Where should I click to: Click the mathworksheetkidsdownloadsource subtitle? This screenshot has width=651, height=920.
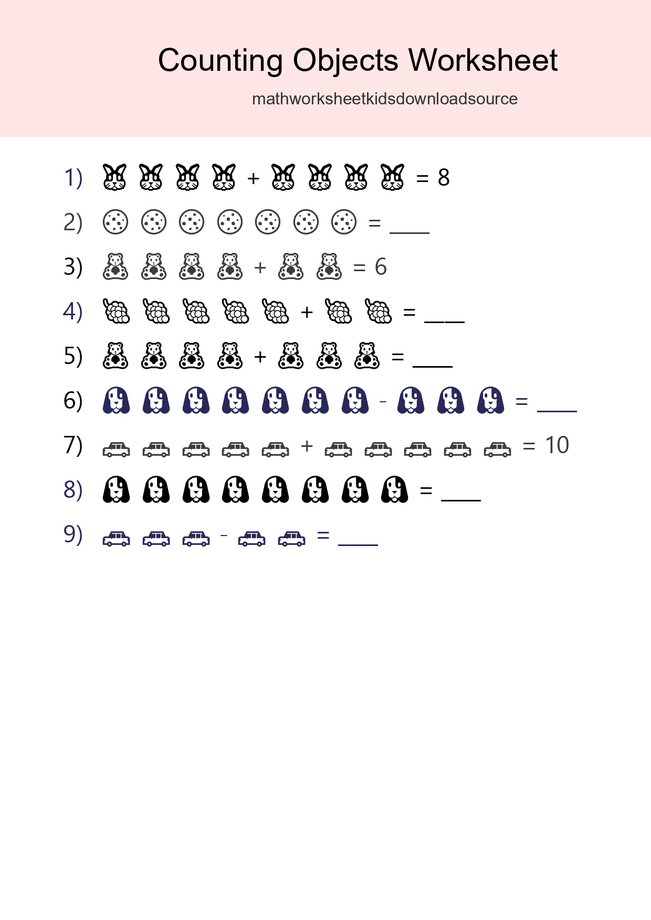385,99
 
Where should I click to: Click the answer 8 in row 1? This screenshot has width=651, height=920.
444,178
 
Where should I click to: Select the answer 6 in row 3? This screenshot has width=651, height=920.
381,267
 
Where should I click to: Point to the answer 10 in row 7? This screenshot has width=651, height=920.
556,445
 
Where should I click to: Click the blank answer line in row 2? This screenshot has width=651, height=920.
409,231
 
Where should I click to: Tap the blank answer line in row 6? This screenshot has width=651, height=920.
557,410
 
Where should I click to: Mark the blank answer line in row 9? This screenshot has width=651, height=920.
358,544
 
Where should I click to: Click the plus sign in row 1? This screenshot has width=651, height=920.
254,178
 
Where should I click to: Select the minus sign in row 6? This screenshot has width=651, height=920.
383,402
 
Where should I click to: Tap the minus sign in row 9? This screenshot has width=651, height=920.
224,536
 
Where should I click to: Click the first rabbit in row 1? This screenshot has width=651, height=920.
114,177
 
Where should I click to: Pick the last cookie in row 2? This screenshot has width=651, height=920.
344,222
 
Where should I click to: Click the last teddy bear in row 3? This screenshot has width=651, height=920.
329,267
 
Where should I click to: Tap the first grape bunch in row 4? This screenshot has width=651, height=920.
116,312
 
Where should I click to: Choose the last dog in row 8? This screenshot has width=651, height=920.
395,490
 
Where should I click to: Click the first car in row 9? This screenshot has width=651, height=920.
116,539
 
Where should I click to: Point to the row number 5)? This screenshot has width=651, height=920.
73,356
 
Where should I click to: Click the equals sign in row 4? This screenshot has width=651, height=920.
409,313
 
